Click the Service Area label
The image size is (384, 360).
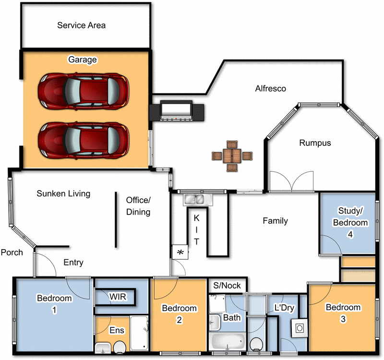81,25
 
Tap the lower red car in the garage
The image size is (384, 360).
84,140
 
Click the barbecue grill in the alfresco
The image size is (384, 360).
176,112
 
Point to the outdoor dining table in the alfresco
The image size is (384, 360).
232,155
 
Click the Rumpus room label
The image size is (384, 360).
315,143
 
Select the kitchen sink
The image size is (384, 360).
196,199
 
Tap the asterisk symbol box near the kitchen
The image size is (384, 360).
180,252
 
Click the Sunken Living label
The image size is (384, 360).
63,194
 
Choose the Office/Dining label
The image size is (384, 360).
138,206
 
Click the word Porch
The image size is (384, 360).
12,252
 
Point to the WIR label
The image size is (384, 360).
118,297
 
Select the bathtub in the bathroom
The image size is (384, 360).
228,342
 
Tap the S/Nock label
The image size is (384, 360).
227,285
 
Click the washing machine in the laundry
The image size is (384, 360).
299,328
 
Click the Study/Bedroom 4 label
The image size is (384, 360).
353,222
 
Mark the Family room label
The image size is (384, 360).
275,221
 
